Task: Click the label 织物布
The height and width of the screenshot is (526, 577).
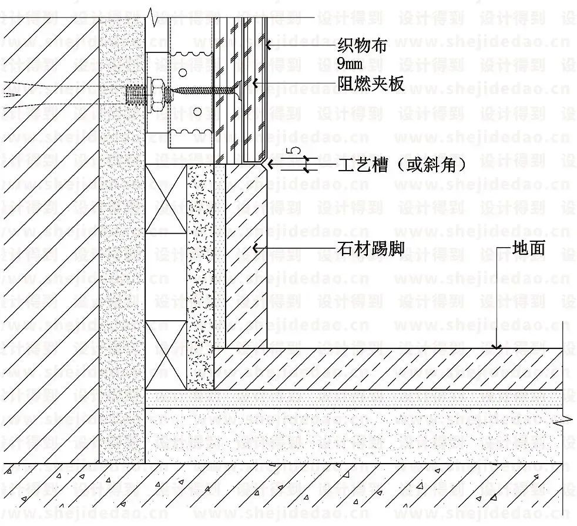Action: [x=362, y=46]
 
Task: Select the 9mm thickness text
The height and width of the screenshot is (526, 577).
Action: [x=350, y=64]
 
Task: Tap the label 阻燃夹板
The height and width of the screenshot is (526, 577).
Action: [x=371, y=84]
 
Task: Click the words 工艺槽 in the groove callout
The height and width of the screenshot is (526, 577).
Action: [x=363, y=164]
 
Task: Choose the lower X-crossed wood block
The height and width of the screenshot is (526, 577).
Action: [x=166, y=355]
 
